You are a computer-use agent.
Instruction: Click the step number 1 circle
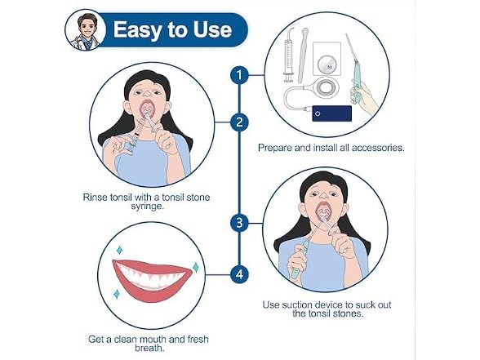click(239, 75)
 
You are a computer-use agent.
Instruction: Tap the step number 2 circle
click(239, 122)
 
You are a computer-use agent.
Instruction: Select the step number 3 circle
click(239, 223)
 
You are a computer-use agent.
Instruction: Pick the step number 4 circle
click(239, 273)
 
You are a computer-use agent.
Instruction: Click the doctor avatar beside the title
click(86, 30)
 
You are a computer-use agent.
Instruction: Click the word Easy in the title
click(137, 30)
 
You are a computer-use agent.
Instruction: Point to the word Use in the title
click(212, 29)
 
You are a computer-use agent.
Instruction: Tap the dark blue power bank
click(331, 113)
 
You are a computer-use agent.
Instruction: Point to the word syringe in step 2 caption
click(148, 206)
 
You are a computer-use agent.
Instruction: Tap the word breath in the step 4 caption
click(149, 348)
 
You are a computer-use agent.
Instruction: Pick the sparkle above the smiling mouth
click(119, 250)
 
